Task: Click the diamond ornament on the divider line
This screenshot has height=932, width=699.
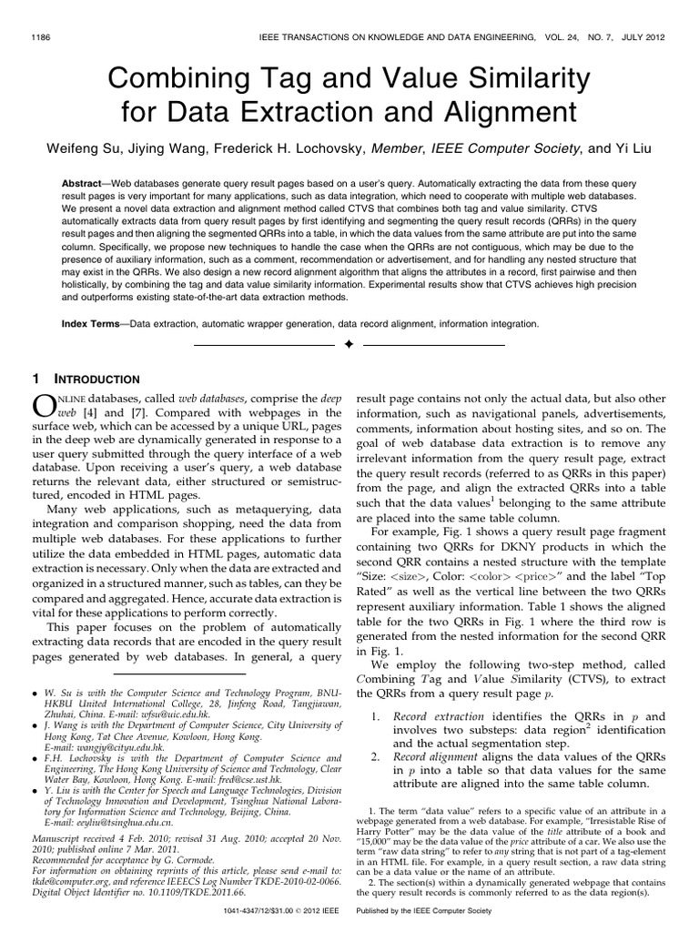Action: pyautogui.click(x=349, y=346)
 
